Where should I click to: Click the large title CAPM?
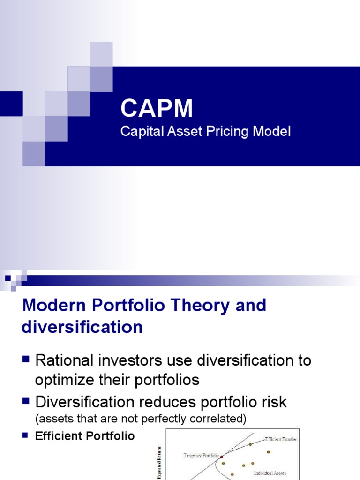157,109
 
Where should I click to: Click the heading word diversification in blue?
82,327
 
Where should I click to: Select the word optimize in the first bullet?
64,380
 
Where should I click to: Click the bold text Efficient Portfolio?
85,436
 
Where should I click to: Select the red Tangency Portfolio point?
222,456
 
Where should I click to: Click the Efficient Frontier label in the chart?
280,439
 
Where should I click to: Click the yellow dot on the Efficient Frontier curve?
250,444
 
